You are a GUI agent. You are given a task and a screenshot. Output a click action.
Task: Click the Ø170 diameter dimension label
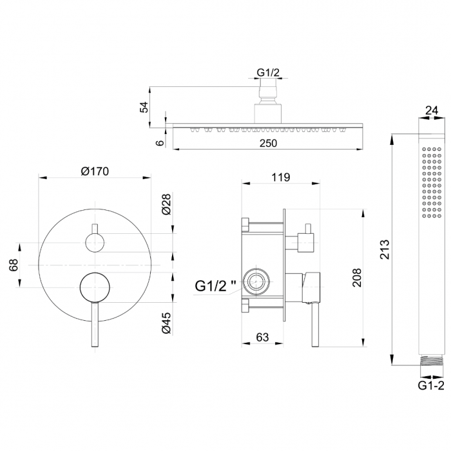tap(95, 171)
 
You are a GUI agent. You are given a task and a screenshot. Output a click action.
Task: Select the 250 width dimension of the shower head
tap(268, 143)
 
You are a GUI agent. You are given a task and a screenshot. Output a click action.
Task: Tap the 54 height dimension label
tap(144, 107)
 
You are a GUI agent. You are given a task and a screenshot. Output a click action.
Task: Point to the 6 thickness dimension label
tap(160, 142)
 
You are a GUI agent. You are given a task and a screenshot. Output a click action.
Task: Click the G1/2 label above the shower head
tap(268, 72)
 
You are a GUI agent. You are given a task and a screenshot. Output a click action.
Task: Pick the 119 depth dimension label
tap(281, 177)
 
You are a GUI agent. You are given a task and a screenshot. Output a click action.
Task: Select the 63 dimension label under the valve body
tap(262, 337)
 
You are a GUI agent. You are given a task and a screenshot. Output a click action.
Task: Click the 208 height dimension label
tap(357, 278)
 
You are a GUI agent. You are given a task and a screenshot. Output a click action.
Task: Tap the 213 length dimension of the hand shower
tap(385, 249)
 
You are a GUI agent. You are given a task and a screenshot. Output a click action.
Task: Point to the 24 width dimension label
tap(432, 110)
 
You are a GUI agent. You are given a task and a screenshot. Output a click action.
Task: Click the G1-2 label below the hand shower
tap(431, 385)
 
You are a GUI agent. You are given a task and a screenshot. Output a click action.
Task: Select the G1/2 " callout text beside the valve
tap(215, 286)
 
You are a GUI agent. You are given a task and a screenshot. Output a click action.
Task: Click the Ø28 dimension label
tap(166, 204)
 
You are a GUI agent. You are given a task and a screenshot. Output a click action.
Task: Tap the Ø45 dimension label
tap(166, 323)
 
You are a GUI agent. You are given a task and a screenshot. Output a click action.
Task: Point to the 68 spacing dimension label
tap(14, 265)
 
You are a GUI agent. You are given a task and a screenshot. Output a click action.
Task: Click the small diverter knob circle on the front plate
tap(95, 243)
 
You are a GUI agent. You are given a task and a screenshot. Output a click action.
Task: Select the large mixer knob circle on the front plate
tap(95, 287)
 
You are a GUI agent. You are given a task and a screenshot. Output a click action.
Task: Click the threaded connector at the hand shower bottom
tap(430, 360)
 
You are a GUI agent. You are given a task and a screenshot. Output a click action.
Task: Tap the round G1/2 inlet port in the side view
tap(256, 282)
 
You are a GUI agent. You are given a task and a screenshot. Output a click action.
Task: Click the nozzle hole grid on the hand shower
tap(432, 182)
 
